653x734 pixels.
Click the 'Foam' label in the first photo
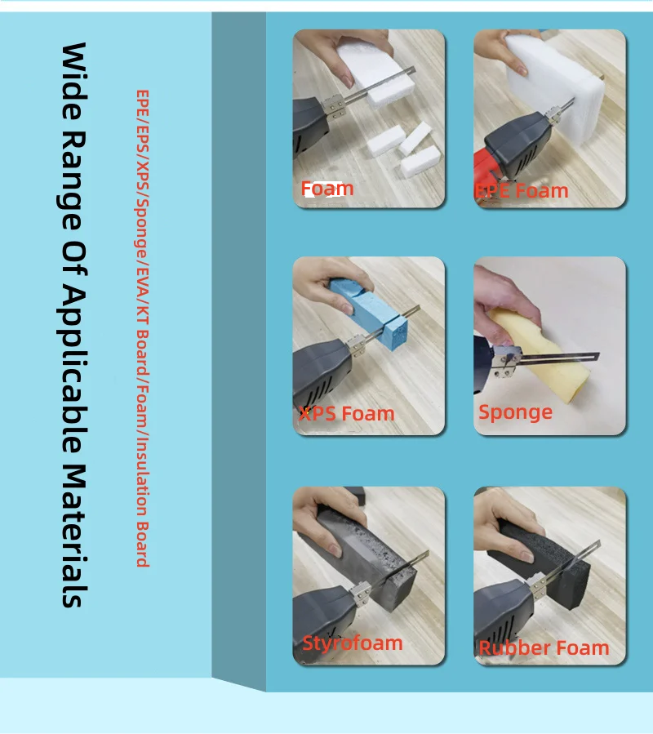click(x=327, y=189)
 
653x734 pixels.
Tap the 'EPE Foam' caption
click(x=522, y=191)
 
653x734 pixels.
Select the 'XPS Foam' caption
click(x=347, y=414)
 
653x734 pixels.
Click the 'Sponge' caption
click(x=515, y=413)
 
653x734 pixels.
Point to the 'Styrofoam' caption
click(x=353, y=643)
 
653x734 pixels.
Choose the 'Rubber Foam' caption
click(x=544, y=648)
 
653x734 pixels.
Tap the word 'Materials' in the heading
click(x=74, y=536)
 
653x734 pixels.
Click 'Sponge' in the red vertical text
click(x=142, y=231)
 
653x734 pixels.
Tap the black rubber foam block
click(x=543, y=562)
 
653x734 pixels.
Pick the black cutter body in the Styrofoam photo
click(x=326, y=618)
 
